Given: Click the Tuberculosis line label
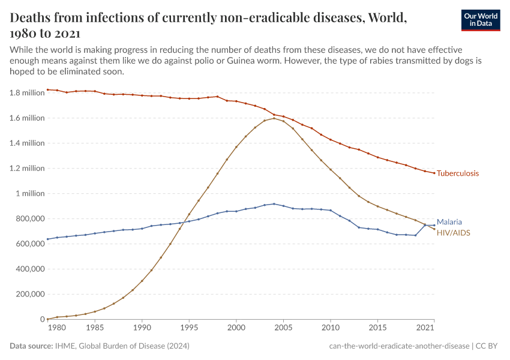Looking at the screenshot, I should [x=458, y=173].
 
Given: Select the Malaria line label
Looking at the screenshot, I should [x=449, y=221].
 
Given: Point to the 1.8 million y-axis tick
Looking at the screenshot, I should [x=28, y=93].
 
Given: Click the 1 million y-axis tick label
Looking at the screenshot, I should [x=30, y=194].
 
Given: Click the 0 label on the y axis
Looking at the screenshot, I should [x=41, y=320].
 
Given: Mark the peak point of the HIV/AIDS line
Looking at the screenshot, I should [x=274, y=118].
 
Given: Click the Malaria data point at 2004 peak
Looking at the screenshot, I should [x=274, y=204].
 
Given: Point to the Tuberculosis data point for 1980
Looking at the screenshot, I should [x=48, y=89].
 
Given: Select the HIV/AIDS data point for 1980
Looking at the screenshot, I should [x=48, y=319].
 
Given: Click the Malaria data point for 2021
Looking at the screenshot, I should [x=434, y=225].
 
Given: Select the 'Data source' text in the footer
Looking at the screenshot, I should [x=31, y=346].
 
